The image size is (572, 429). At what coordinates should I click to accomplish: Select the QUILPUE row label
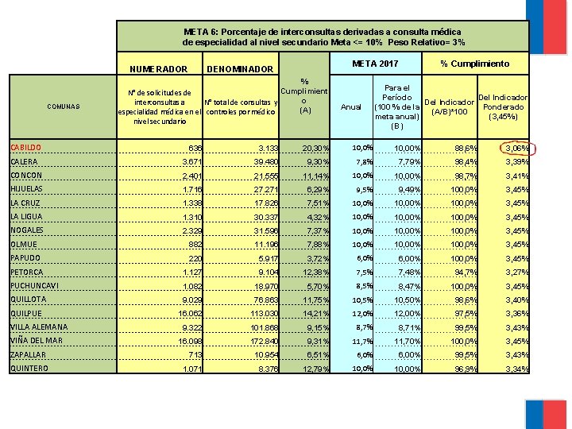pos(27,313)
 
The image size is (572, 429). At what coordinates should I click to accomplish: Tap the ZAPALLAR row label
pos(29,354)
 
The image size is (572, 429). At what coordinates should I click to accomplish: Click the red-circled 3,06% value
pos(516,148)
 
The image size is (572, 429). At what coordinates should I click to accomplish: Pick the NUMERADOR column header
pos(158,69)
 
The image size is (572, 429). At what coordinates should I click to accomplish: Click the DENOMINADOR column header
pos(239,69)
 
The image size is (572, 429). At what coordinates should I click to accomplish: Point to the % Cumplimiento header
pos(475,64)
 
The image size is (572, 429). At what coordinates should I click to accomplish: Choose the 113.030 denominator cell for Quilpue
pos(259,313)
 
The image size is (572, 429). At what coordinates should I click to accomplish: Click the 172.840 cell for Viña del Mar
pos(259,341)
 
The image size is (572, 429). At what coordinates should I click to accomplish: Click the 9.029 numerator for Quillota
pos(191,300)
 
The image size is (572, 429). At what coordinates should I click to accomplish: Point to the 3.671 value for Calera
pos(191,162)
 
